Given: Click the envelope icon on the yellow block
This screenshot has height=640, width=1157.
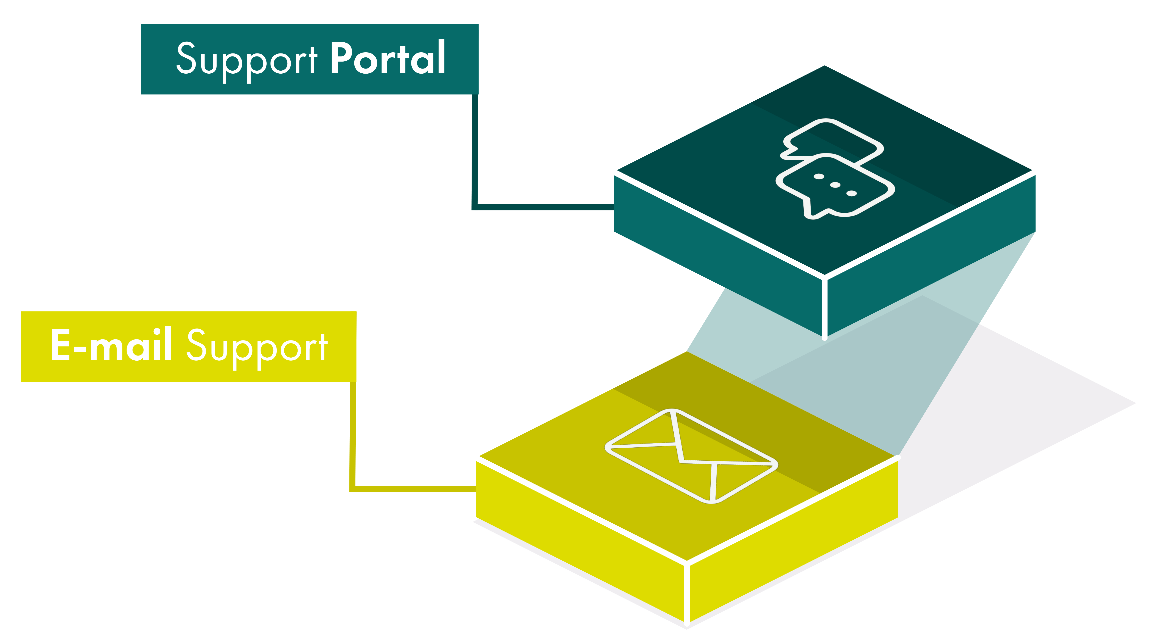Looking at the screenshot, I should [x=692, y=456].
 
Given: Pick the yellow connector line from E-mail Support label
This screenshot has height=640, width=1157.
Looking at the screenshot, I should [x=353, y=440].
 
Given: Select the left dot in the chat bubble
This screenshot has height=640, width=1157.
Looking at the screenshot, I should [x=819, y=177].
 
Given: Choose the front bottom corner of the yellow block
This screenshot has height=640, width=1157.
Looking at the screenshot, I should [x=687, y=623].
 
